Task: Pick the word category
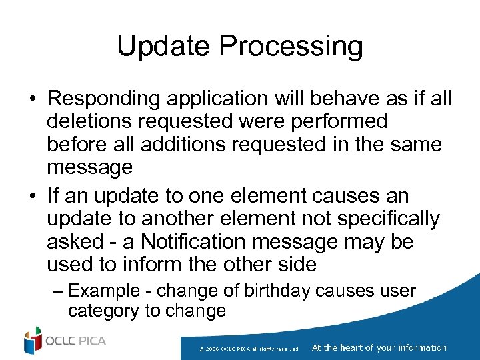pos(105,311)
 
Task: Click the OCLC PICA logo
pos(65,341)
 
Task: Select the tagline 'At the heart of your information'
pos(379,347)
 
